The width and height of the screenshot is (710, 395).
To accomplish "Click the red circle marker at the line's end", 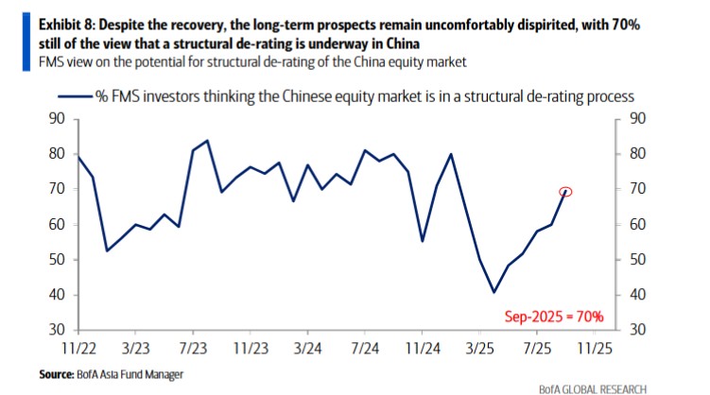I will coord(566,191).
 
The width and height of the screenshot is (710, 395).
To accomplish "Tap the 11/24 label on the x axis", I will coord(423,348).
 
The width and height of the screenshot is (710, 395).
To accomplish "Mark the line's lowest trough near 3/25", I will coord(494,292).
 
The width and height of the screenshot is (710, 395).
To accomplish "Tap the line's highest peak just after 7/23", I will coord(207,140).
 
